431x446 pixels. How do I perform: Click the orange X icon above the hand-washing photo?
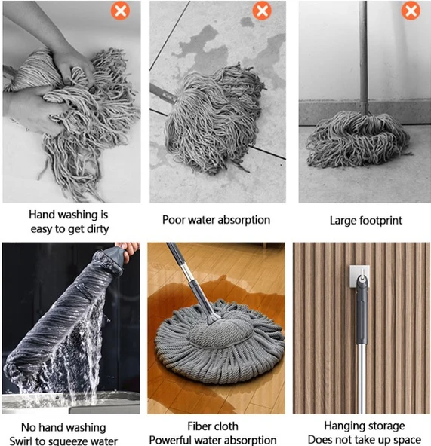(120, 11)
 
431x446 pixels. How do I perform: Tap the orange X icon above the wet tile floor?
(262, 11)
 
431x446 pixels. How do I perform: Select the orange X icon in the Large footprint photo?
(411, 11)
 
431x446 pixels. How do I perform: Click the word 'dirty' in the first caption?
(97, 229)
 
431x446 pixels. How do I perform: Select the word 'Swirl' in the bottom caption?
(20, 441)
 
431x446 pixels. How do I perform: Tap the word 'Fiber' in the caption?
(199, 426)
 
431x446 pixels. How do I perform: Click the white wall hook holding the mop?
(360, 276)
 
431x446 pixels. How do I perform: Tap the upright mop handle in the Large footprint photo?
(363, 57)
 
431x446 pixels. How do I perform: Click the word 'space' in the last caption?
(407, 440)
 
